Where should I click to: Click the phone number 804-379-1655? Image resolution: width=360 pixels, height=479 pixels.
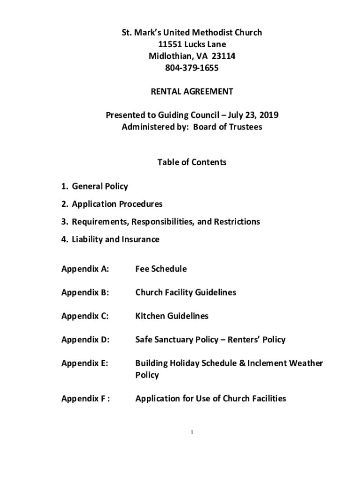click(x=192, y=68)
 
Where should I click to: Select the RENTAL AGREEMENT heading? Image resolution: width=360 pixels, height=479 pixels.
click(x=192, y=92)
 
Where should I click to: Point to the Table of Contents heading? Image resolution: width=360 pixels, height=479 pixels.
click(x=192, y=162)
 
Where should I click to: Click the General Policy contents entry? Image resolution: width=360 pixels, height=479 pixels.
click(x=100, y=186)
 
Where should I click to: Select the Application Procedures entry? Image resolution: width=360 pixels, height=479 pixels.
click(x=117, y=204)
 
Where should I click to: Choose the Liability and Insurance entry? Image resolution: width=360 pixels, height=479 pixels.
click(x=115, y=239)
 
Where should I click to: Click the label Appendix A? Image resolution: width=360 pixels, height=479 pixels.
click(x=85, y=269)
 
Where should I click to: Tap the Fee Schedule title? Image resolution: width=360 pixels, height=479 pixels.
click(x=161, y=269)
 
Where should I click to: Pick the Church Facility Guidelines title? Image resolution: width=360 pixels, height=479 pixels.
click(x=186, y=292)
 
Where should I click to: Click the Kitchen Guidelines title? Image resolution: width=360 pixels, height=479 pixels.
click(x=172, y=316)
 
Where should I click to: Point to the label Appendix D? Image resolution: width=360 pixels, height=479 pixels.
click(x=85, y=340)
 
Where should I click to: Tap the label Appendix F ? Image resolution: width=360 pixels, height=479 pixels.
click(x=86, y=399)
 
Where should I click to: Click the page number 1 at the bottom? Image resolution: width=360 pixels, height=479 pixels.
click(x=192, y=433)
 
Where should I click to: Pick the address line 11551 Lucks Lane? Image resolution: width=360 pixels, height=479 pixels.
click(x=192, y=44)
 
